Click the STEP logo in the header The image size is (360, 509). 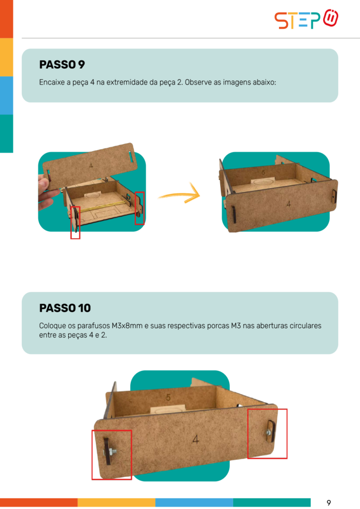point(306,19)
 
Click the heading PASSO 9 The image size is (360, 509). point(62,65)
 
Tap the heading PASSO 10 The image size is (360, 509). point(65,308)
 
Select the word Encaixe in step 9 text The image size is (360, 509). point(52,82)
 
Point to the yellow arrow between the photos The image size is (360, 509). point(180,194)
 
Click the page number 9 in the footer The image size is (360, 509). point(329,503)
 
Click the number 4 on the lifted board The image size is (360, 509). point(91,166)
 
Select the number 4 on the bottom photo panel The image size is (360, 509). point(195,439)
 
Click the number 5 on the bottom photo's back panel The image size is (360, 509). point(168,397)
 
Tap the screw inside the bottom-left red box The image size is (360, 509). point(111,451)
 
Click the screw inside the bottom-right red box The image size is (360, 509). point(268,432)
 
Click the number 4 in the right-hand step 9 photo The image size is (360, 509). point(288,204)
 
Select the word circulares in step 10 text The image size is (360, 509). point(305,326)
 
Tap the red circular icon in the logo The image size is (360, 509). point(331,18)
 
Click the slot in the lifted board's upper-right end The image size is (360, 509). point(131,157)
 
